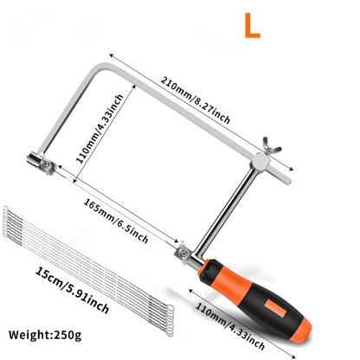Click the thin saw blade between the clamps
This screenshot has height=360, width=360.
click(112, 205)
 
